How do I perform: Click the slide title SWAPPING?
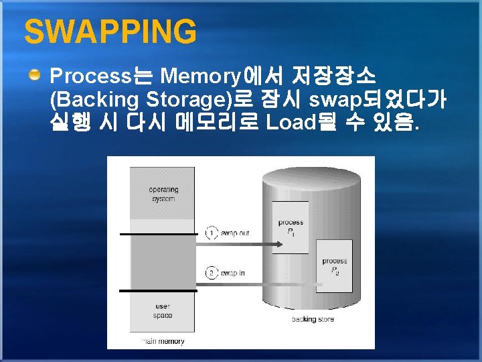110,32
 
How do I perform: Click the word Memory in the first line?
202,74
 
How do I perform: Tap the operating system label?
163,194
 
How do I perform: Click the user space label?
162,311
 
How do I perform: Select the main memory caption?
163,341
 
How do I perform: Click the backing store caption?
313,319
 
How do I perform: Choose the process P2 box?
334,265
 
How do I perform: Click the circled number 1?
212,233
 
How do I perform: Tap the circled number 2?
212,273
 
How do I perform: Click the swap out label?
236,233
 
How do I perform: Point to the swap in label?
233,273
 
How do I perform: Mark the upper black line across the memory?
159,235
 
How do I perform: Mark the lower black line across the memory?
159,290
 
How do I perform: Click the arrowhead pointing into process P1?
285,235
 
